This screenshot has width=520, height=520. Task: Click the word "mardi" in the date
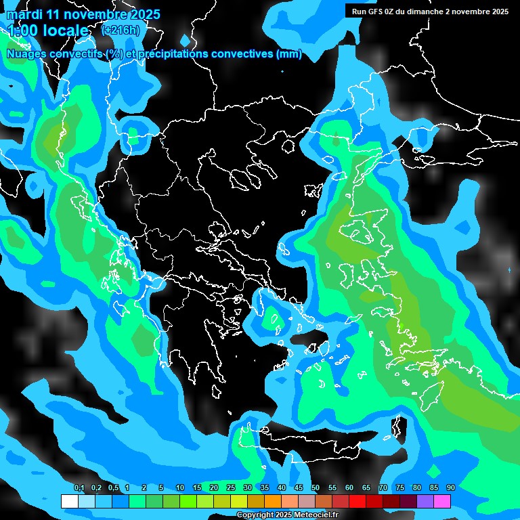click(x=24, y=14)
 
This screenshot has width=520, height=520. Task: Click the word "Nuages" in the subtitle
click(x=28, y=54)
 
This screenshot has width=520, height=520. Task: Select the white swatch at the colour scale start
click(x=69, y=501)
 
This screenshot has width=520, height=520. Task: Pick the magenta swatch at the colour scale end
click(x=442, y=501)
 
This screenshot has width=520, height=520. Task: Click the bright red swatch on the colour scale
click(x=357, y=501)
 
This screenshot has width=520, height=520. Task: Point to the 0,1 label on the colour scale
click(x=79, y=488)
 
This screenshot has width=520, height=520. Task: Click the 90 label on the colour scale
click(x=451, y=488)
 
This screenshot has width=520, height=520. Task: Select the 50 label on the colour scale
click(x=316, y=488)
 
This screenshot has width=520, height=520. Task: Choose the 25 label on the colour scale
click(x=231, y=488)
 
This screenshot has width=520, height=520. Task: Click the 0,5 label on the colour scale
click(x=113, y=488)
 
